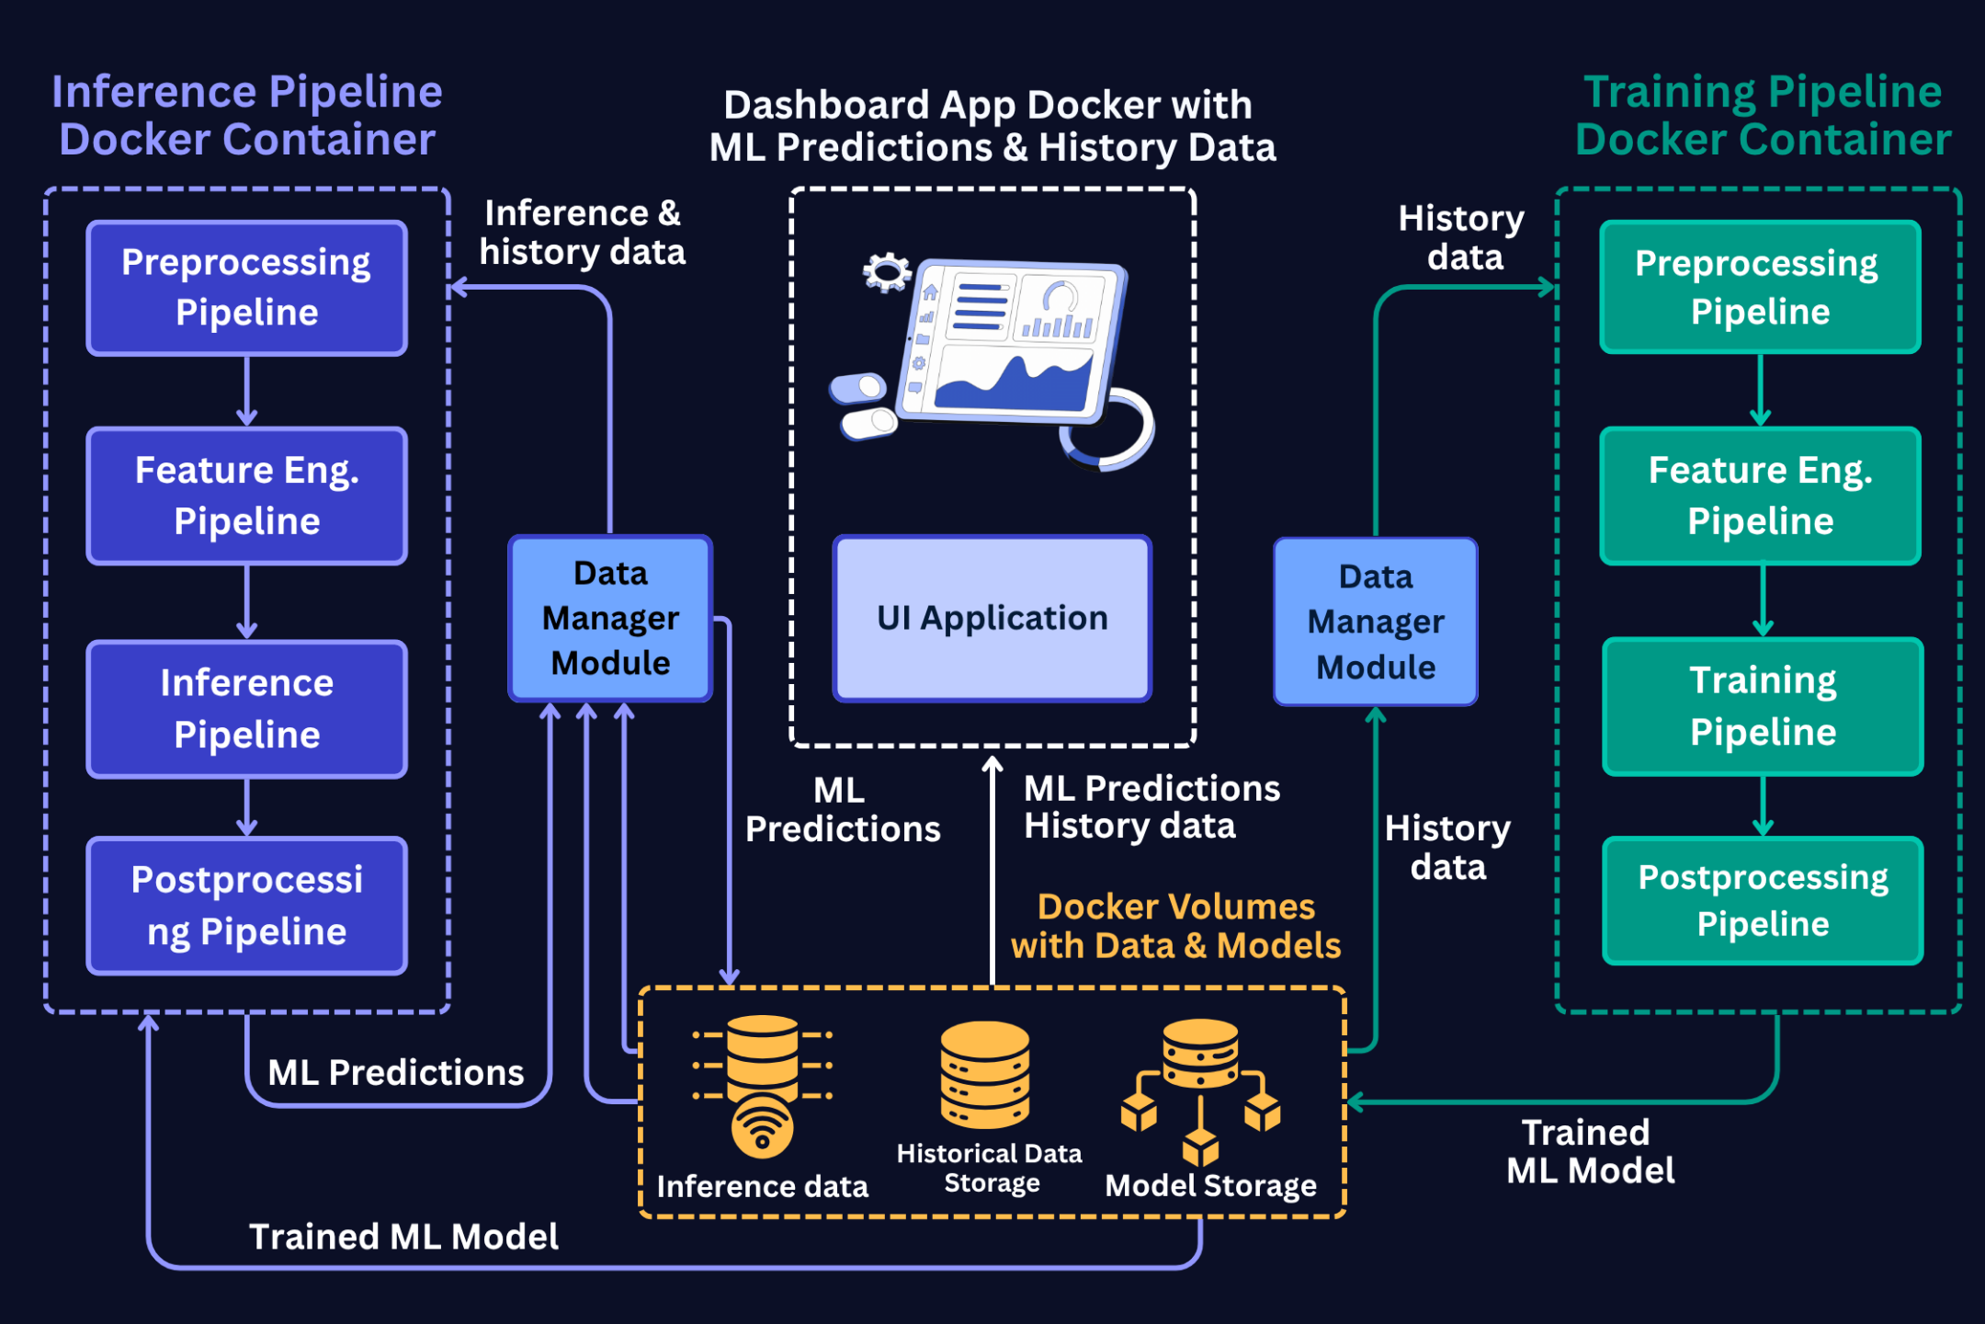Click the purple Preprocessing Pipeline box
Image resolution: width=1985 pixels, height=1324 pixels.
[x=246, y=288]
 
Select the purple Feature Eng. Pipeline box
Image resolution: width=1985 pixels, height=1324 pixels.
[x=246, y=496]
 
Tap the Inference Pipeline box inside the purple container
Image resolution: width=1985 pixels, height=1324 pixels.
[x=246, y=709]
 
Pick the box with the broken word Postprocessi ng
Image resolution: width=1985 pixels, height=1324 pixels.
[x=246, y=906]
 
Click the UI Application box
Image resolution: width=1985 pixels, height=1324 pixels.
[x=992, y=618]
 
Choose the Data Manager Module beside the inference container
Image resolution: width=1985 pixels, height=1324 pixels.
[x=610, y=618]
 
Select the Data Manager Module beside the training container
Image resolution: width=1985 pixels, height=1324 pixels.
[x=1375, y=622]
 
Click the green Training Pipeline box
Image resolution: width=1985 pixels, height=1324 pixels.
[x=1762, y=706]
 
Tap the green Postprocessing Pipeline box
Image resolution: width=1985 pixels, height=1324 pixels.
[x=1762, y=900]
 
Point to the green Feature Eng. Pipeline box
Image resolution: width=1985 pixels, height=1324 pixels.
[x=1760, y=496]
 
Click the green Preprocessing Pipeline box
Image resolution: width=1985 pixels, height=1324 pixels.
[x=1759, y=287]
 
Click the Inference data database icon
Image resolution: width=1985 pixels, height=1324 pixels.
[x=762, y=1085]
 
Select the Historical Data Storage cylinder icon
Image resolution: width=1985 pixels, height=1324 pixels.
[x=984, y=1075]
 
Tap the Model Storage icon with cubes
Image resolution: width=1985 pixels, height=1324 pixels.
[x=1199, y=1090]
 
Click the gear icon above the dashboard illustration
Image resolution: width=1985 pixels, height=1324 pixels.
[x=886, y=272]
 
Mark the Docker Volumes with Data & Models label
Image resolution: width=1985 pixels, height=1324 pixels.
[x=1175, y=926]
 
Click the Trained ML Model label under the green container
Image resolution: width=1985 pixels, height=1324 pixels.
[x=1589, y=1151]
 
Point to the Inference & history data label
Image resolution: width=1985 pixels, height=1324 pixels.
[x=582, y=233]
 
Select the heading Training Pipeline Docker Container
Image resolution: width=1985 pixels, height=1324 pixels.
[x=1762, y=116]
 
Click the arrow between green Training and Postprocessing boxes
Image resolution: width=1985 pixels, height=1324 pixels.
[x=1763, y=805]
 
